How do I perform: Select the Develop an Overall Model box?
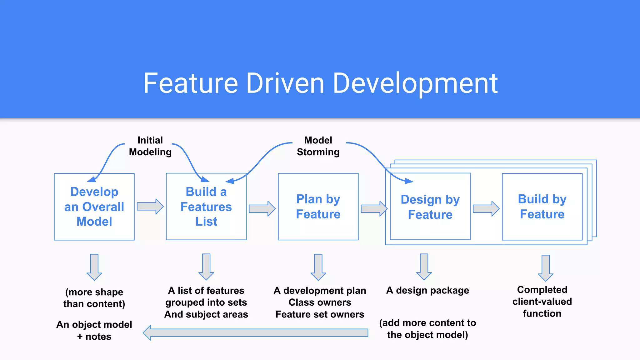coord(94,207)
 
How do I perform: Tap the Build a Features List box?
coord(206,207)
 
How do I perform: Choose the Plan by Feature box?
coord(318,207)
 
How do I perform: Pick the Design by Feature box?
coord(430,207)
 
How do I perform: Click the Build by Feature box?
coord(542,207)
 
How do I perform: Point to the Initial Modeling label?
coord(150,146)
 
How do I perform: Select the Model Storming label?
coord(318,146)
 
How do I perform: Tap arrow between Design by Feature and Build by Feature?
coord(486,208)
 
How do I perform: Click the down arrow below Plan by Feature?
coord(318,267)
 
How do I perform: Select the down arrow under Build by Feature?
coord(546,268)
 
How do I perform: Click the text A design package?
coord(427,290)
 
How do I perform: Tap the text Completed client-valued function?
coord(542,302)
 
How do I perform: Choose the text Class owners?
coord(320,302)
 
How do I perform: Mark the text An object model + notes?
coord(94,330)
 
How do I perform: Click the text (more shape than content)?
coord(94,298)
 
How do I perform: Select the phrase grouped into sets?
coord(206,302)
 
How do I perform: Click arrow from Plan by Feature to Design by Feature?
coord(374,208)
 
